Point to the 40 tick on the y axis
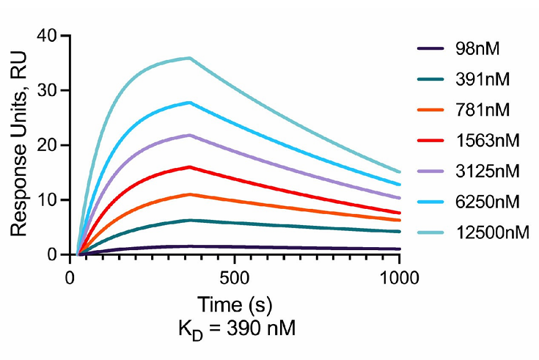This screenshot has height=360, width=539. [47, 35]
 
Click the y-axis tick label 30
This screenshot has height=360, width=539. [47, 90]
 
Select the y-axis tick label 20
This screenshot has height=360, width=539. [47, 144]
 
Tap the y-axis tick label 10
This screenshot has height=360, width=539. [47, 199]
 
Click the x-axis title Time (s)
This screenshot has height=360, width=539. [235, 303]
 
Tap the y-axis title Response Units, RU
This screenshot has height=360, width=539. [20, 144]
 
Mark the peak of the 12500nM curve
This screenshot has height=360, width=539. [191, 58]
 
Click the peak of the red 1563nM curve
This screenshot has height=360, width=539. [191, 166]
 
